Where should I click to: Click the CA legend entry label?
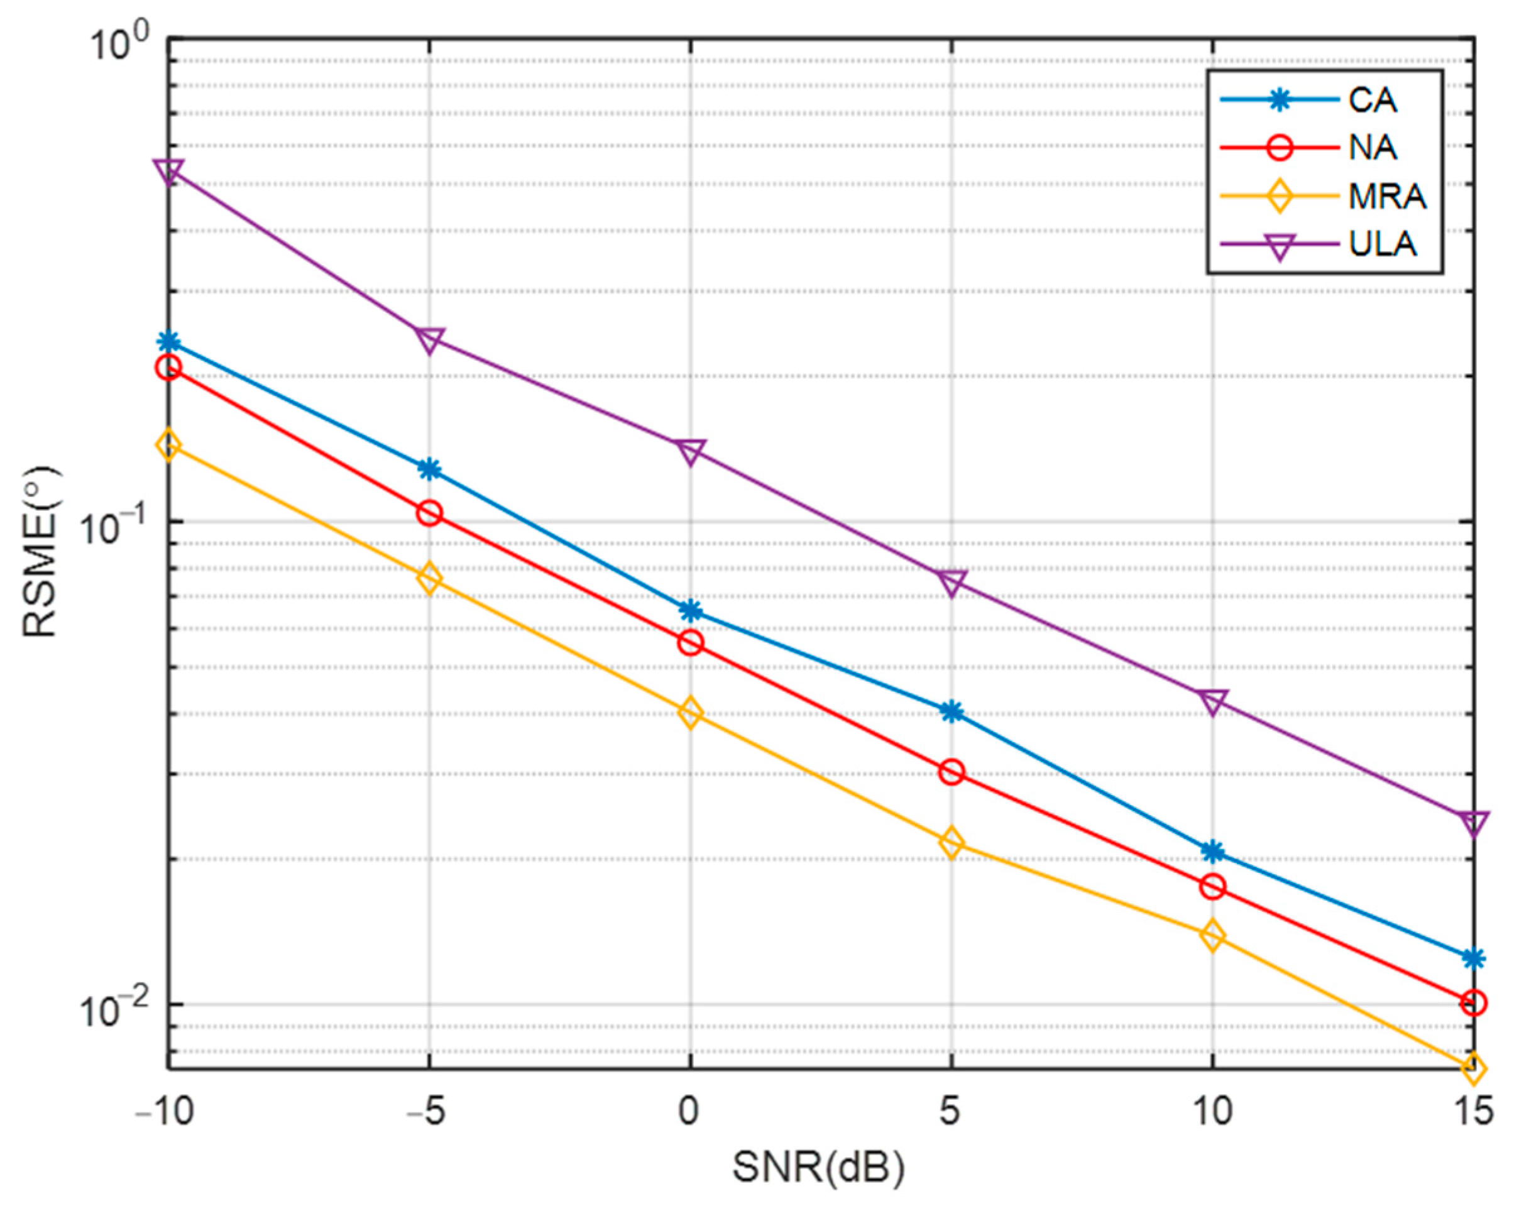point(1372,101)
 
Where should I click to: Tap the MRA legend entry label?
point(1386,197)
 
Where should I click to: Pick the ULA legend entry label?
point(1383,244)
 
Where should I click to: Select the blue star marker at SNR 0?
point(691,610)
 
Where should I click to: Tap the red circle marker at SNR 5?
point(951,772)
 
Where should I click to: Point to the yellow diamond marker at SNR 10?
point(1212,936)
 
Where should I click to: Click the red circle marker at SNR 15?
point(1473,1002)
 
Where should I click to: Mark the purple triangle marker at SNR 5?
point(951,583)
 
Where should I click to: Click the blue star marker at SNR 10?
point(1212,852)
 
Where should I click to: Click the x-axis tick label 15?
point(1472,1112)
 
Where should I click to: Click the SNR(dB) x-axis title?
point(819,1167)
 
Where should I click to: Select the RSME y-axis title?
point(41,552)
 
